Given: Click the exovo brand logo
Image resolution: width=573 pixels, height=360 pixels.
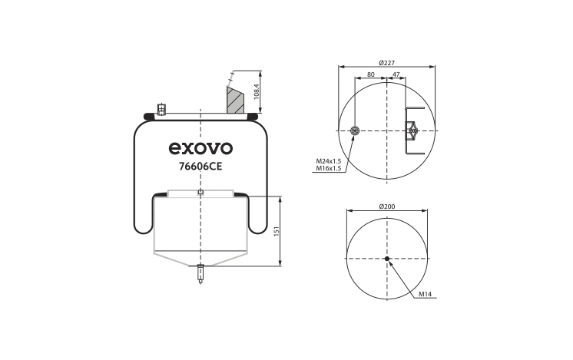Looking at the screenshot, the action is pyautogui.click(x=200, y=148).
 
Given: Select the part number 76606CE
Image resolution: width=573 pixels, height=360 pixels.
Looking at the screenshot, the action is pyautogui.click(x=200, y=167).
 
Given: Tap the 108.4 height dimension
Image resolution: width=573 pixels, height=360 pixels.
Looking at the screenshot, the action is pyautogui.click(x=256, y=91).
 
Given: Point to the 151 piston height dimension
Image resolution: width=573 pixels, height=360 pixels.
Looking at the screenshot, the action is pyautogui.click(x=277, y=231).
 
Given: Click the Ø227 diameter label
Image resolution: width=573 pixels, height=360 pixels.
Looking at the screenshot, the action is pyautogui.click(x=386, y=63).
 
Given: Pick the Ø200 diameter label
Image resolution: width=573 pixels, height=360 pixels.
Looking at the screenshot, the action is pyautogui.click(x=387, y=206).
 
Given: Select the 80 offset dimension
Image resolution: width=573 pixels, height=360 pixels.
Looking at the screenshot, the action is pyautogui.click(x=370, y=74).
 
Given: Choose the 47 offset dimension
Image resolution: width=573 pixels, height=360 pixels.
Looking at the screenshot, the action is pyautogui.click(x=396, y=74).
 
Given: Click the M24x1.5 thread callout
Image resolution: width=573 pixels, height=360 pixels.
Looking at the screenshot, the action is pyautogui.click(x=328, y=161).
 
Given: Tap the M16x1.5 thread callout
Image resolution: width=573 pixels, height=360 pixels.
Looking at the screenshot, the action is pyautogui.click(x=328, y=168).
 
